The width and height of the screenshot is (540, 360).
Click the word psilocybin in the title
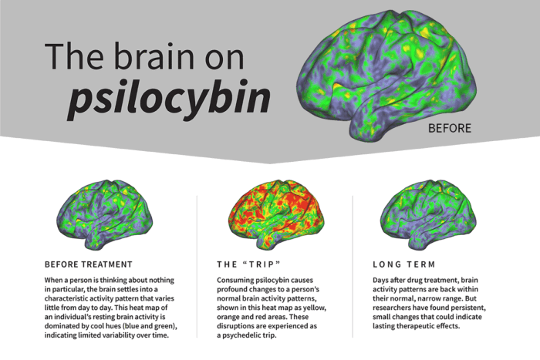pyautogui.click(x=169, y=99)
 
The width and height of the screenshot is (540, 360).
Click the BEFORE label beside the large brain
pyautogui.click(x=449, y=128)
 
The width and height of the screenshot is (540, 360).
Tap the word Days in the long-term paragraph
pyautogui.click(x=383, y=279)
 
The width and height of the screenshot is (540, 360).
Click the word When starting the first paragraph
pyautogui.click(x=57, y=279)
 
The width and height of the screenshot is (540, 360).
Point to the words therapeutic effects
pyautogui.click(x=442, y=327)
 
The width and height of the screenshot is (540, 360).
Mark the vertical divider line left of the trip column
pyautogui.click(x=197, y=266)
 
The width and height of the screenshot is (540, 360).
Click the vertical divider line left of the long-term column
pyautogui.click(x=353, y=266)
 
